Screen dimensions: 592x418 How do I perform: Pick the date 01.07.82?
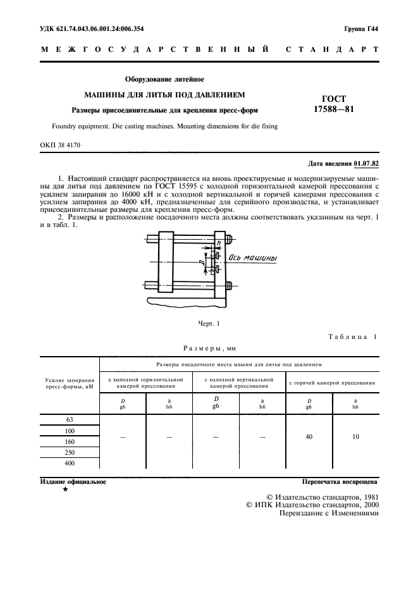point(366,164)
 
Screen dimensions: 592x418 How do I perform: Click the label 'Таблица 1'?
point(352,336)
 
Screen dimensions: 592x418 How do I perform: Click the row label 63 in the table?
point(70,419)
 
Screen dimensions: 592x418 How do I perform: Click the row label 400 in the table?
point(70,463)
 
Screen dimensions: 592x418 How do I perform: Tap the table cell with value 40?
point(309,436)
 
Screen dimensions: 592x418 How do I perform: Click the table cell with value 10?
point(355,436)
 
